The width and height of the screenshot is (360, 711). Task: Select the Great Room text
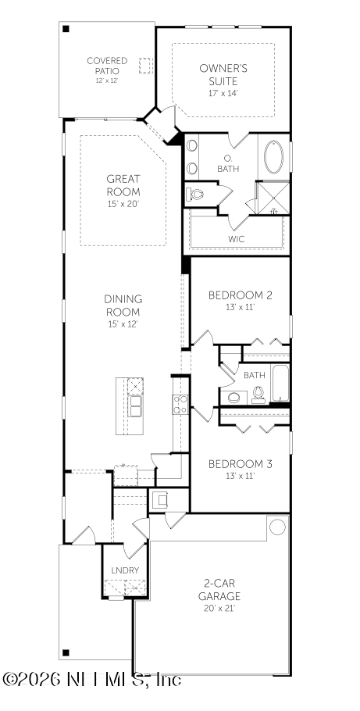[123, 185]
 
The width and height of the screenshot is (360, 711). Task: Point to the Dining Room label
[123, 305]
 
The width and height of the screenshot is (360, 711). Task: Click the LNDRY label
[125, 570]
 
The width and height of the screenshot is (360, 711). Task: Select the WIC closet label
[236, 238]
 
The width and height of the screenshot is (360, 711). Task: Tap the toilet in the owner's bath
[195, 192]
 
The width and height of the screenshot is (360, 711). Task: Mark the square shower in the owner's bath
[273, 198]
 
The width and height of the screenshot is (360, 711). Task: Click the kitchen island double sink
[135, 406]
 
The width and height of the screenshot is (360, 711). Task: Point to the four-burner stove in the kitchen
[180, 403]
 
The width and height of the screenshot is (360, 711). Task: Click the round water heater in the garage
[277, 527]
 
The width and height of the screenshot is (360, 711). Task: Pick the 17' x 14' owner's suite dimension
[223, 92]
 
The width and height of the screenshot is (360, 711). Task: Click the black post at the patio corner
[66, 29]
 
